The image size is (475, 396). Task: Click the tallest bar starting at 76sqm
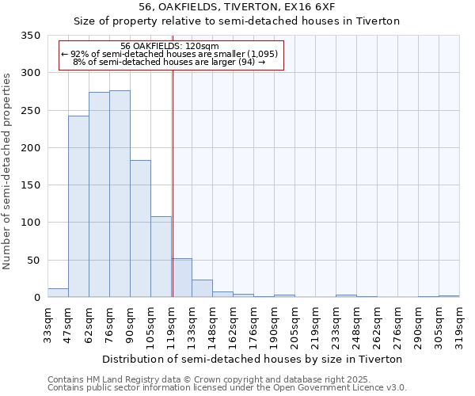click(x=120, y=194)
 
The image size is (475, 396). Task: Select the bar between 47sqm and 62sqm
click(x=78, y=207)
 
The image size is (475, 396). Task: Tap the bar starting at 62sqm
click(x=99, y=195)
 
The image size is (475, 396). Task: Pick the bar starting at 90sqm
click(x=140, y=229)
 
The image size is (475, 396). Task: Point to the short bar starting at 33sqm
click(x=58, y=293)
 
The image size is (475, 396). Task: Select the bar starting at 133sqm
click(x=202, y=288)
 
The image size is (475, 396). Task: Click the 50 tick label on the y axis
click(x=32, y=261)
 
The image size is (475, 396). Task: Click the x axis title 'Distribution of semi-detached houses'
click(x=253, y=359)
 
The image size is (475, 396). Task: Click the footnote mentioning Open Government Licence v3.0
click(x=227, y=387)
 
